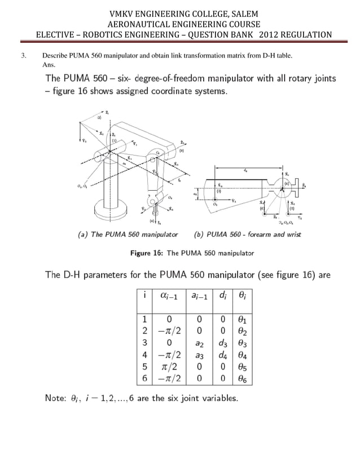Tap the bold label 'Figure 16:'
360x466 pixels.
(x=147, y=253)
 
